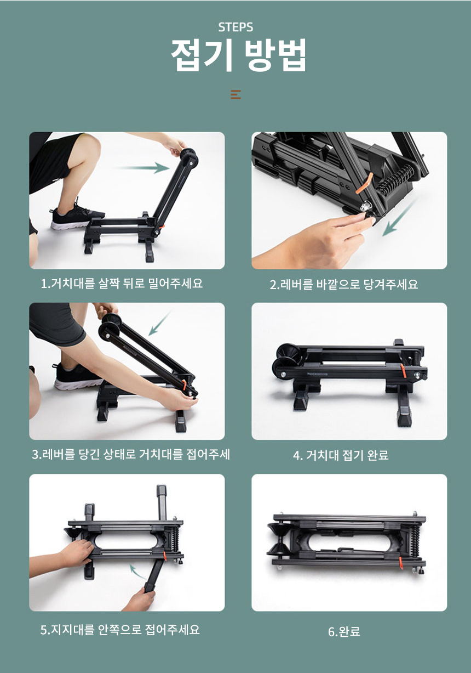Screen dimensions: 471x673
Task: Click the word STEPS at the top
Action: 235,27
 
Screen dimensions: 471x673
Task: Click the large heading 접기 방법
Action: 238,55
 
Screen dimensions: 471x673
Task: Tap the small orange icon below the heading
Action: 236,94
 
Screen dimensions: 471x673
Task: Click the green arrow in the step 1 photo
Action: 143,168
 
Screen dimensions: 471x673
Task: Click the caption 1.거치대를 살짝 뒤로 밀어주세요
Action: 122,284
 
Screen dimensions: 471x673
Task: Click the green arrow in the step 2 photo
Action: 399,218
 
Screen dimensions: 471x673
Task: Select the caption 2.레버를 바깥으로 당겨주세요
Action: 343,284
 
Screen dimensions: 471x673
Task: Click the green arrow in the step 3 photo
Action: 160,323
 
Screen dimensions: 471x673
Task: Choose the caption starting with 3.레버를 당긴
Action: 131,454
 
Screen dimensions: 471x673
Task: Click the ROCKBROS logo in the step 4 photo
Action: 318,375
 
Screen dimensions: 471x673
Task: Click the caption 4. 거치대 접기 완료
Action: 341,455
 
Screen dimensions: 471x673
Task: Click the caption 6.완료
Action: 344,631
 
